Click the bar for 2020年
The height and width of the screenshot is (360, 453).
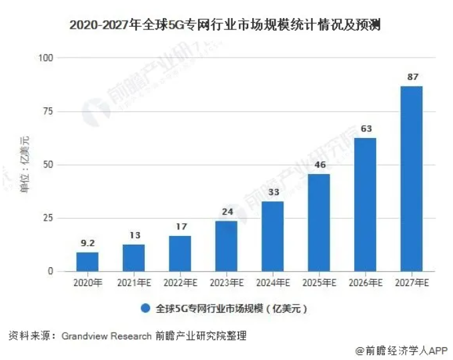click(87, 261)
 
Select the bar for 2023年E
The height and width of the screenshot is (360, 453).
click(226, 246)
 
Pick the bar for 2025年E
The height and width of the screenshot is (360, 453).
click(319, 223)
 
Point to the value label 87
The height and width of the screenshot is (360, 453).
click(412, 77)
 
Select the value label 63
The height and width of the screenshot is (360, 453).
click(365, 129)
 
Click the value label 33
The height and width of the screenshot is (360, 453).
click(272, 193)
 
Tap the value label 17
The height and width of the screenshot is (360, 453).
click(180, 227)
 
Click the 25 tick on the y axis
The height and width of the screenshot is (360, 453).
click(47, 218)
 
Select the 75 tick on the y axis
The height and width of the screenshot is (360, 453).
click(47, 111)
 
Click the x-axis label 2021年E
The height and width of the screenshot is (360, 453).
click(133, 283)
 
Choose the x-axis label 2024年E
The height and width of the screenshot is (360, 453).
click(272, 283)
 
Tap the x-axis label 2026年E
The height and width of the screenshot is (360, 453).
click(365, 283)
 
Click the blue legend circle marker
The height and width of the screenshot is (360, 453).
click(145, 309)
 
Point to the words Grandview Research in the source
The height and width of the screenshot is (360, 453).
click(106, 336)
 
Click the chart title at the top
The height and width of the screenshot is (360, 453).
click(226, 26)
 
